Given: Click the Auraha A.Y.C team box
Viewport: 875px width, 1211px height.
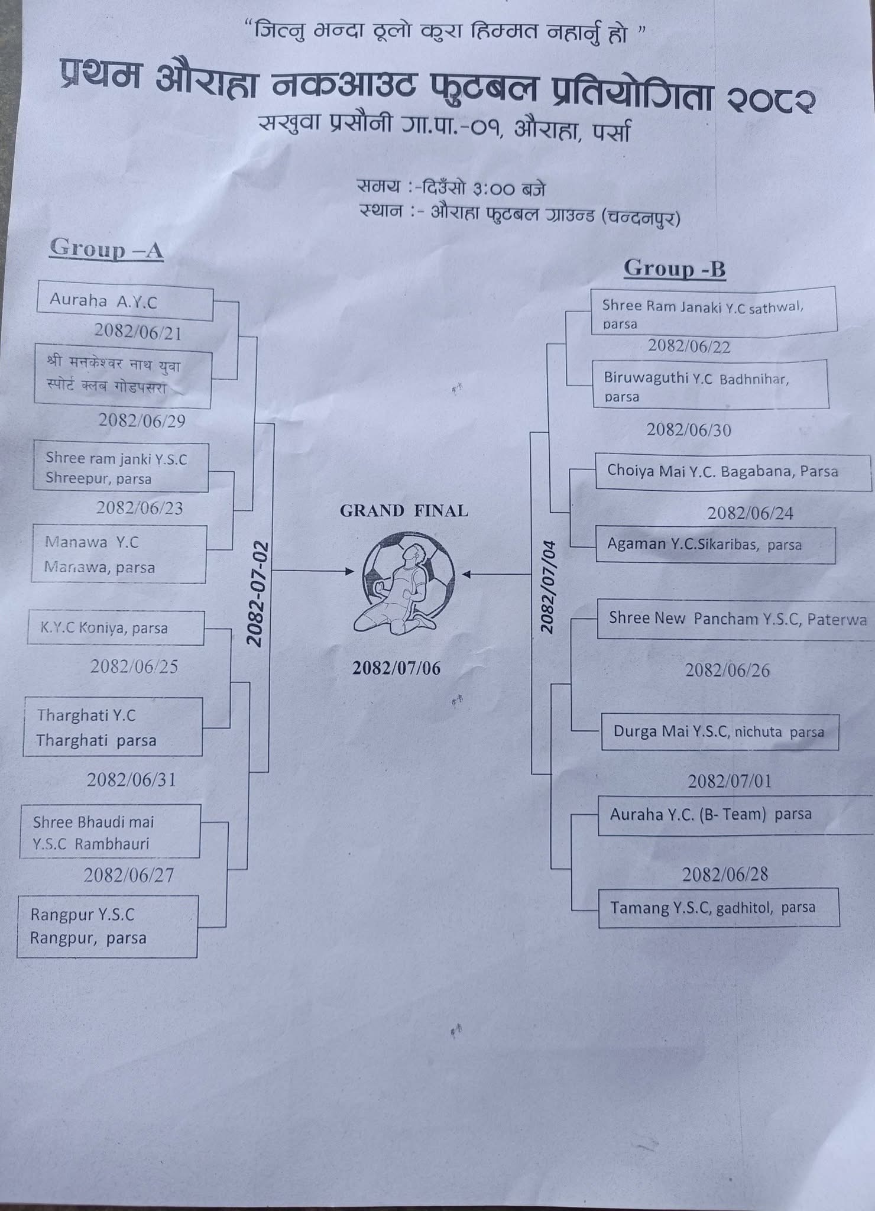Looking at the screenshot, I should (124, 302).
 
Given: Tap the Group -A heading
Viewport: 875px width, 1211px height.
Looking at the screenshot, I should (106, 248).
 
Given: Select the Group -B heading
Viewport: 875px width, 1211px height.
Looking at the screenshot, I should (675, 269).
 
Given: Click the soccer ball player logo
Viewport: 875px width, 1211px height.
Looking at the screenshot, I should (408, 582).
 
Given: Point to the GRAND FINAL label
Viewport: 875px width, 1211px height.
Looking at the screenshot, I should (404, 511).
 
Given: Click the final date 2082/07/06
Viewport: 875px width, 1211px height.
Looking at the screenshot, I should (397, 668).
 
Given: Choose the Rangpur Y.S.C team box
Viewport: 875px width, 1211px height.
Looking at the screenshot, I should (107, 926).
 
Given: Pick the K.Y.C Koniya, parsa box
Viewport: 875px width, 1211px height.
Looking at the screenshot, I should (116, 628).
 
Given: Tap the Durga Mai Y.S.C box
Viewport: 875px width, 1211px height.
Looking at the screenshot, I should (720, 732).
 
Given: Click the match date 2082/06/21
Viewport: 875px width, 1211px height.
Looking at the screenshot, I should (138, 333).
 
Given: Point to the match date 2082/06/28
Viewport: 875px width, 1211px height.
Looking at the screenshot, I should (725, 875).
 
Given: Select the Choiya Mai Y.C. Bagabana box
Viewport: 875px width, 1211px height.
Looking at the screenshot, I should (733, 471).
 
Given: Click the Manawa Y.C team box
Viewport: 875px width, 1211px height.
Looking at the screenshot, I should (119, 555).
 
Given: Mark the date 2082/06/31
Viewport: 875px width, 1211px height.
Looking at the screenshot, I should (131, 780).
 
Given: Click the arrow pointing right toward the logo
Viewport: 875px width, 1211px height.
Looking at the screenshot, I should (313, 571).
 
